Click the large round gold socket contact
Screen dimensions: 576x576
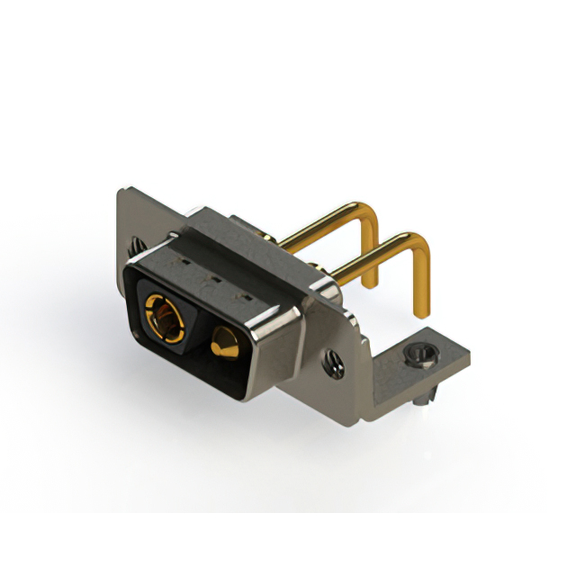165,316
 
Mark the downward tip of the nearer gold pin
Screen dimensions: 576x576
421,311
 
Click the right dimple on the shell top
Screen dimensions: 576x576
239,294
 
